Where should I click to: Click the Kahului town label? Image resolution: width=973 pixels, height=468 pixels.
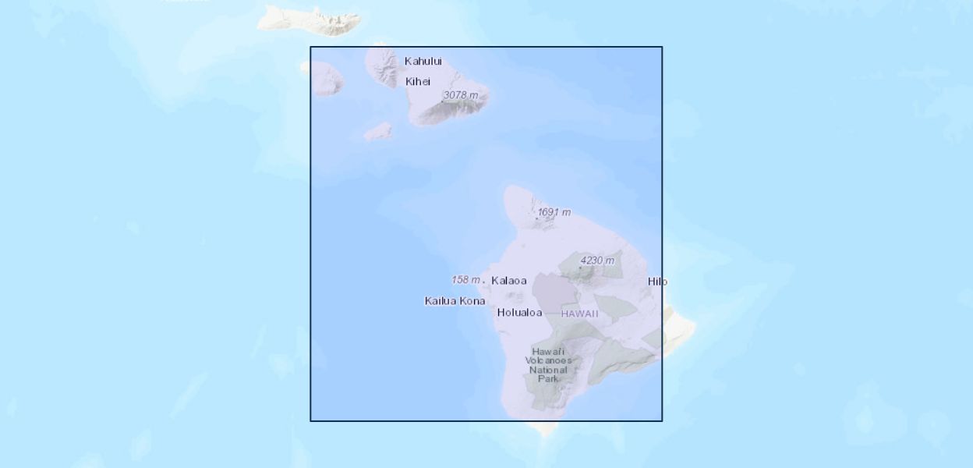point(423,62)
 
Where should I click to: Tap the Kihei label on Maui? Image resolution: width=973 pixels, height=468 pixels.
point(418,82)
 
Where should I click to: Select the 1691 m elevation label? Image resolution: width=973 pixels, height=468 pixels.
point(554,212)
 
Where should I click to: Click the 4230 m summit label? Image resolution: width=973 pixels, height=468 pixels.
point(597,261)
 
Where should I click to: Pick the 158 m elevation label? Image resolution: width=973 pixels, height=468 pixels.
point(465,279)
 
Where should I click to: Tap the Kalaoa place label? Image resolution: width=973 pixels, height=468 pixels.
point(509,281)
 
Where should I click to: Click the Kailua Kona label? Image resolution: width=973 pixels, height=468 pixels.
point(455,301)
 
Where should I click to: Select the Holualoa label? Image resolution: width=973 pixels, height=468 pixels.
point(519,313)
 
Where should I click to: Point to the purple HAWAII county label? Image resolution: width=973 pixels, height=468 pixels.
point(580,314)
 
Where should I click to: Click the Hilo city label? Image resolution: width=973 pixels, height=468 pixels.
point(657,282)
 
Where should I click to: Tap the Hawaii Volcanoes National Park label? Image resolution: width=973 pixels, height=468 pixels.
point(548,365)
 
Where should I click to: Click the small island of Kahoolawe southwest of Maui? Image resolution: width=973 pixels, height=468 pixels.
point(378,131)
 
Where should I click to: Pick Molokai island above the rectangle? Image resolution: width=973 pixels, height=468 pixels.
point(312,19)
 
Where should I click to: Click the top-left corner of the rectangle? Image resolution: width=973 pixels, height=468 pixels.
point(310,47)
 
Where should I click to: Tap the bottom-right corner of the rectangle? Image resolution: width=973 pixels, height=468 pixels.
point(662,421)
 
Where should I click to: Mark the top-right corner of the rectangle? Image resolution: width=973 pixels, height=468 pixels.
point(662,47)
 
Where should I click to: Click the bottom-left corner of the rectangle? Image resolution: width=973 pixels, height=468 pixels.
point(310,421)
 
